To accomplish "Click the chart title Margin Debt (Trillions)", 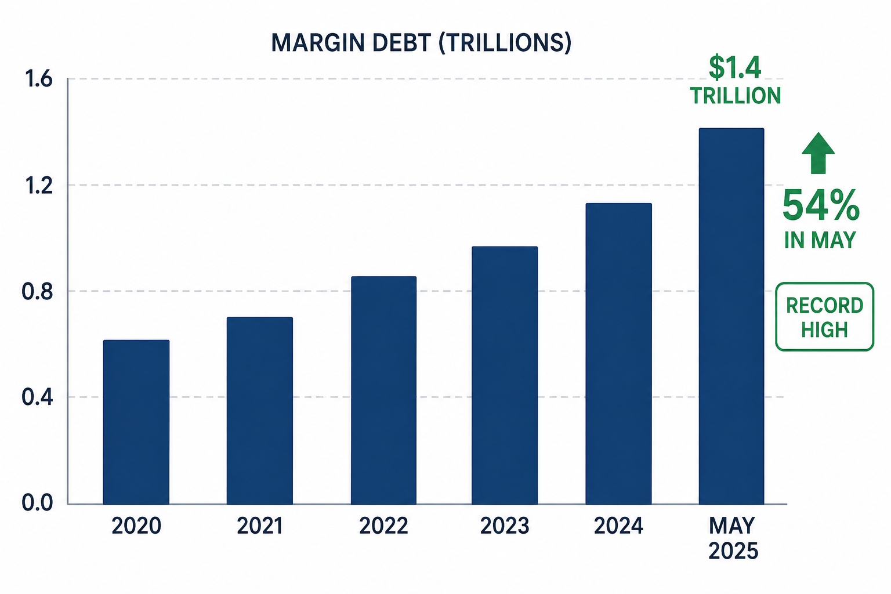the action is pos(421,42).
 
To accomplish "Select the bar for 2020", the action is pos(136,422).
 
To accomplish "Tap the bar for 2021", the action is pos(260,411).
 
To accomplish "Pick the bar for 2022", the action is pos(383,390).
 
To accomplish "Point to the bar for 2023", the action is pos(504,375).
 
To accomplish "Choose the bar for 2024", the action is pos(618,354).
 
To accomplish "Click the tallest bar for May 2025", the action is pos(731,316).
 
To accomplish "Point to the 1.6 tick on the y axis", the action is pos(39,79).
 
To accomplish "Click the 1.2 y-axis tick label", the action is pos(39,186).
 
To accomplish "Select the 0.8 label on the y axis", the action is pos(37,292).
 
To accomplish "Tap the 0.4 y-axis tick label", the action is pos(37,397).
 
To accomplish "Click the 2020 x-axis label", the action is pos(136,526).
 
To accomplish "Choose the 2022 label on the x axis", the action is pos(383,526).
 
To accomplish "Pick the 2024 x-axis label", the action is pos(618,526).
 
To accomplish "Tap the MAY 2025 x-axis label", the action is pos(733,538).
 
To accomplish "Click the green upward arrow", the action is pos(818,153).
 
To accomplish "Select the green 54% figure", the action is pos(821,206).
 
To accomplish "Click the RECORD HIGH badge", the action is pos(824,317).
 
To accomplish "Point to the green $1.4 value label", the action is pos(735,68).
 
